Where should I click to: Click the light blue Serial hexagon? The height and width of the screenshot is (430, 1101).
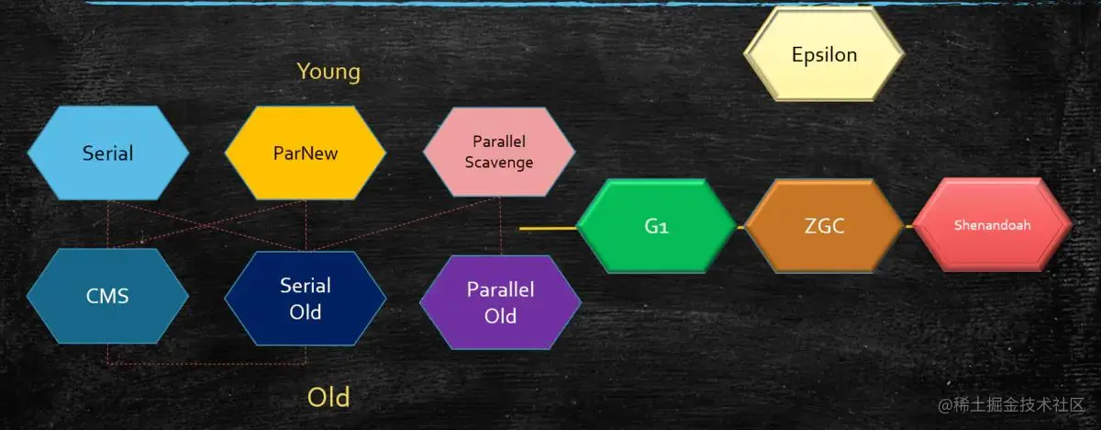point(108,153)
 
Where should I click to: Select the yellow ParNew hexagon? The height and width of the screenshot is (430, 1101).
point(306,153)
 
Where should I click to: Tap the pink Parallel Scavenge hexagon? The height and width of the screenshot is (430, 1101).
point(499,153)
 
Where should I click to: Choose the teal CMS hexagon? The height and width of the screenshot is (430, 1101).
point(107,296)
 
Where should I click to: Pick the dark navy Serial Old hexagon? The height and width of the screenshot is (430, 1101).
point(306,298)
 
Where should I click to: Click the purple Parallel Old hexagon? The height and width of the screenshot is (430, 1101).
point(500,302)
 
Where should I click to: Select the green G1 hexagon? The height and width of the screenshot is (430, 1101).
point(656,226)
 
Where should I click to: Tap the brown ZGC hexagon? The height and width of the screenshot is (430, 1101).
point(824,226)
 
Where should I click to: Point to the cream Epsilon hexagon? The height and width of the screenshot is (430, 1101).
point(824,55)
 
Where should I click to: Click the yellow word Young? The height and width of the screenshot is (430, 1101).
point(328,72)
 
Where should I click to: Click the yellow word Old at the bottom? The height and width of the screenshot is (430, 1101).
point(328,398)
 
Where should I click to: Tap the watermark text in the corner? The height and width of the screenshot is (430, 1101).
point(1009,404)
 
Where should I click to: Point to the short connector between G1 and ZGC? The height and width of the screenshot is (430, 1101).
point(740,226)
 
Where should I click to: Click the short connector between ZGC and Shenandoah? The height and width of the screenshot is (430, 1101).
point(908,226)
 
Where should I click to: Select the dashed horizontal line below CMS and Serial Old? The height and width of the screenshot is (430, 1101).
point(206,364)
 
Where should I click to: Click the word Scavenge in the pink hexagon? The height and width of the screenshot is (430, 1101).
point(499,163)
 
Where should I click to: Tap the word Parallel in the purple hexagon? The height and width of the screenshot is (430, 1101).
point(500,290)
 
